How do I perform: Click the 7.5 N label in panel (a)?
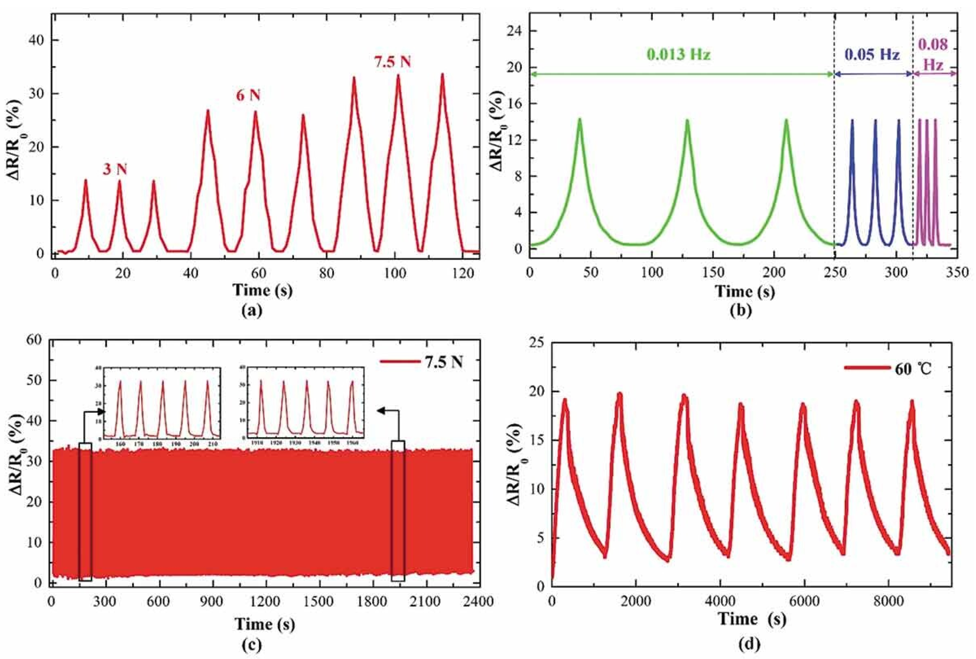point(392,62)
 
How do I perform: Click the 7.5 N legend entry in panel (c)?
point(421,362)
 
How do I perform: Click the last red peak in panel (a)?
point(442,75)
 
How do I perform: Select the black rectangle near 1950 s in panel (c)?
point(398,511)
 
